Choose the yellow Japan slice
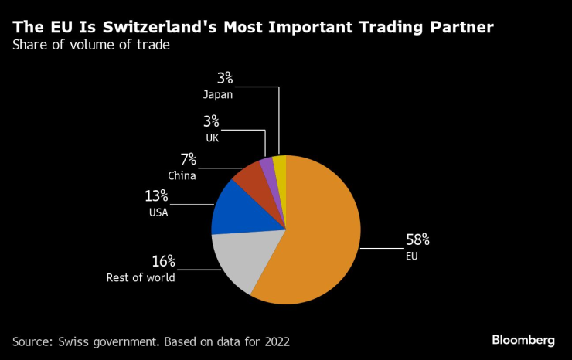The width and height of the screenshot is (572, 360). click(280, 165)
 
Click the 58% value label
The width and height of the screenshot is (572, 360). click(417, 239)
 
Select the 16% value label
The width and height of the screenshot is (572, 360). click(164, 261)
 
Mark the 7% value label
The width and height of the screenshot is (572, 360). click(189, 160)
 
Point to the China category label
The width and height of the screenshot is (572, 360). click(182, 175)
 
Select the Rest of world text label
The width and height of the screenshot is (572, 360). click(141, 277)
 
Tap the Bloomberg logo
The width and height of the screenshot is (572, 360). click(523, 340)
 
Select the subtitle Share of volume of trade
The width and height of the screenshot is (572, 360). click(90, 45)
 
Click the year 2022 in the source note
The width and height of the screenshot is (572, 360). click(276, 341)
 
